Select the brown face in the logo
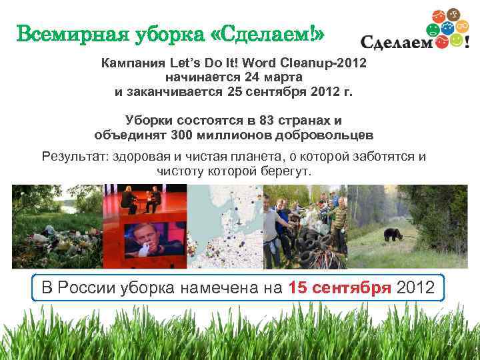click(x=453, y=15)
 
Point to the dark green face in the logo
click(x=433, y=29)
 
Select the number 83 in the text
click(x=272, y=121)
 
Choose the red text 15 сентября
click(x=340, y=288)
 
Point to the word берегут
click(x=289, y=171)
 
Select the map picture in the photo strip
click(x=225, y=227)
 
